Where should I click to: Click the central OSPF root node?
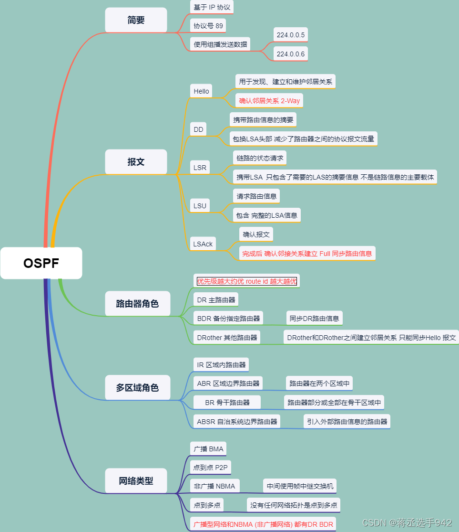41,263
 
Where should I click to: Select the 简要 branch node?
136,20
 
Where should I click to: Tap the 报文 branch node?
136,162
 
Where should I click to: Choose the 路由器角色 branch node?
137,303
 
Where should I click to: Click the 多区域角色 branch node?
137,387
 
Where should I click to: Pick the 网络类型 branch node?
136,480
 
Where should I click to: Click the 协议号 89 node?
208,26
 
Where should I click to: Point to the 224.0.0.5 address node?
290,35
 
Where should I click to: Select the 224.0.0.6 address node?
290,54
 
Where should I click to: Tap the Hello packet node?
201,91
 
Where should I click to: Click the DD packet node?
198,129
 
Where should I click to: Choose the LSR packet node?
200,168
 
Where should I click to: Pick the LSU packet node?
200,206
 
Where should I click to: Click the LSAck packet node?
203,244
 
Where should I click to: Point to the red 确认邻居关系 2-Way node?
269,101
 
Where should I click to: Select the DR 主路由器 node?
216,300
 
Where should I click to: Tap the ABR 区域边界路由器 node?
228,383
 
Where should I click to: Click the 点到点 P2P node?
210,468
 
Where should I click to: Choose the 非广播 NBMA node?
214,486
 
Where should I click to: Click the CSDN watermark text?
407,522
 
